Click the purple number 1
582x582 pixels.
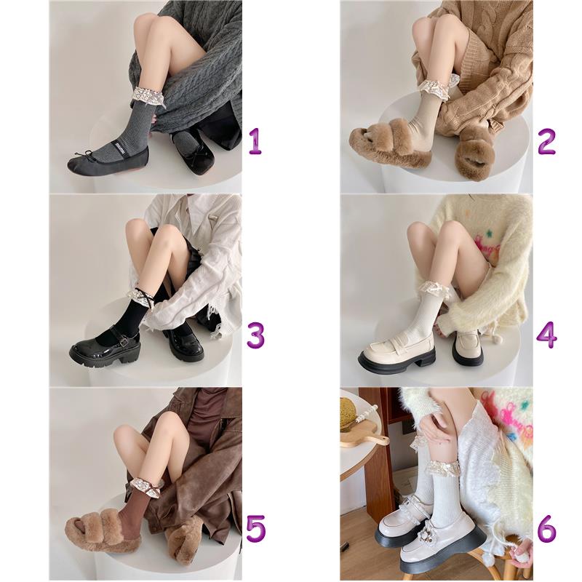(255, 142)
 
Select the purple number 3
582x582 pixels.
(255, 335)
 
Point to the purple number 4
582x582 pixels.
(547, 335)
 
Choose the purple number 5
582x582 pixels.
(256, 528)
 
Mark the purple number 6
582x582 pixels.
(547, 528)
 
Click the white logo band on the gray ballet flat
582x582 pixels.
(119, 146)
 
